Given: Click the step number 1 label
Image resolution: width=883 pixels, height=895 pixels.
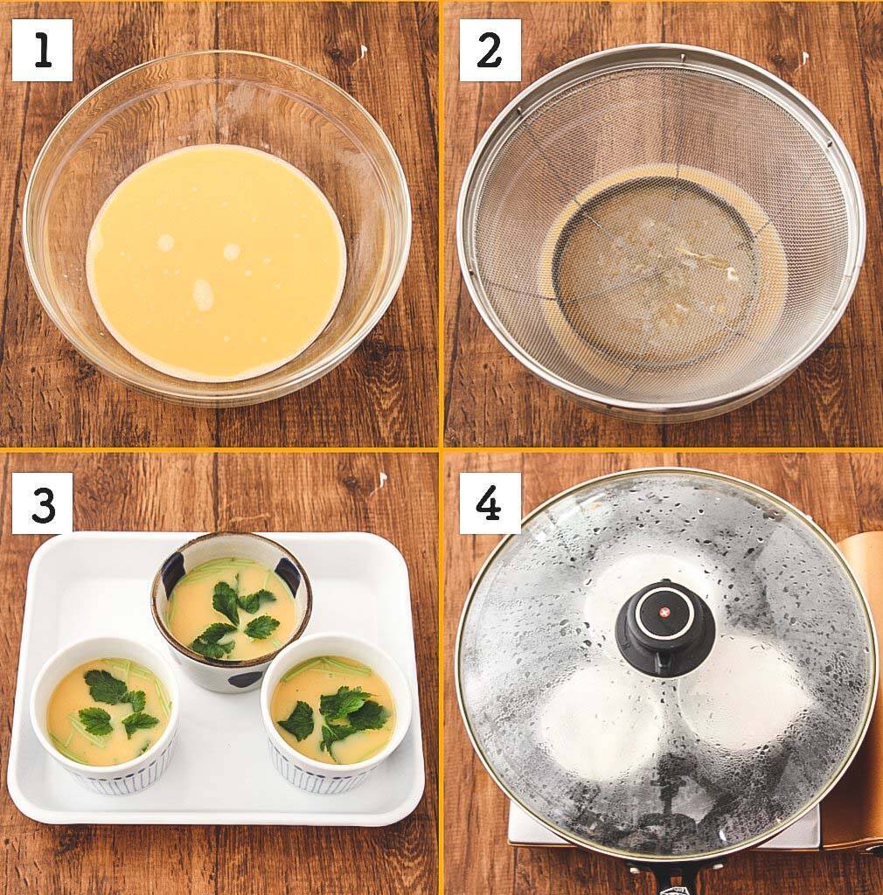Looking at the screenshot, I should pos(42,51).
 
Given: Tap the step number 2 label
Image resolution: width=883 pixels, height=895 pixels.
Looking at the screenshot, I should pos(490,51).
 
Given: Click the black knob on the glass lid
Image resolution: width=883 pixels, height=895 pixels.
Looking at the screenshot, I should pos(664,628).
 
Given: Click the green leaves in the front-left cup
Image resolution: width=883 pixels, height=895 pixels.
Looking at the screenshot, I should pos(114,704).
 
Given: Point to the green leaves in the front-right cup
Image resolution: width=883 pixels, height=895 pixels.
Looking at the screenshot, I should pos(341,712).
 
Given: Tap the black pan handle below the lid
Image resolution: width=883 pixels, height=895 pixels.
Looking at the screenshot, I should pos(664,878).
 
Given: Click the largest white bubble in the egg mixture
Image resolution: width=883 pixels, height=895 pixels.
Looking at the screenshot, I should pos(203,295).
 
